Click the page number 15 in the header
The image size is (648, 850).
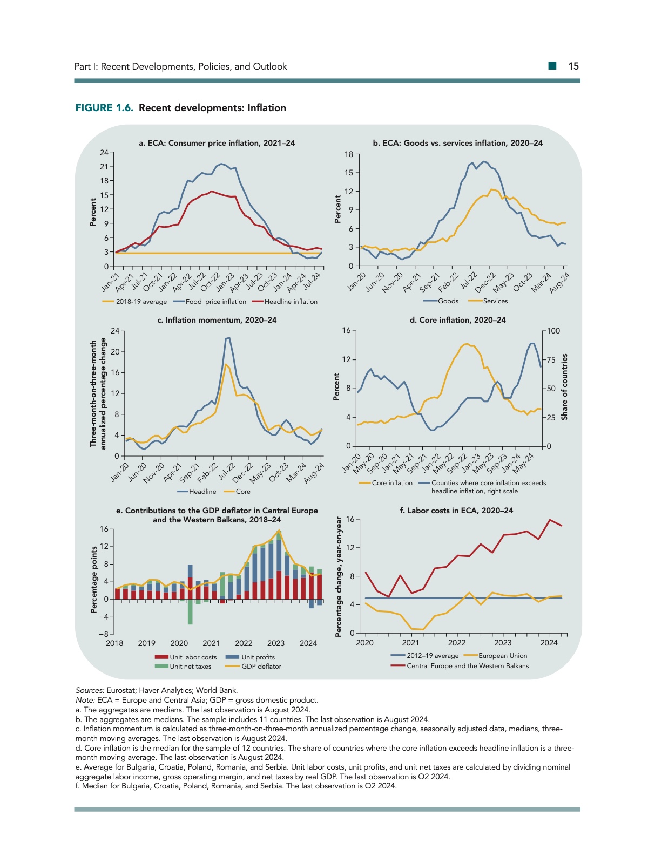coord(573,66)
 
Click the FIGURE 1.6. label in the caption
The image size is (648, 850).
coord(104,108)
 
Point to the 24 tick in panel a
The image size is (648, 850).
coord(104,153)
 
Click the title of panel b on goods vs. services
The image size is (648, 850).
coord(457,143)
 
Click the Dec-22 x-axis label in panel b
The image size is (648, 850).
coord(485,282)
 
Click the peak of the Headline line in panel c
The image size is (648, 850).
coord(229,338)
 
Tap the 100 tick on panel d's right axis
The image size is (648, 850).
coord(553,331)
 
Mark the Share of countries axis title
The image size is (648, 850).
coord(564,387)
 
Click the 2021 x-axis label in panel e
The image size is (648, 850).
coord(211,643)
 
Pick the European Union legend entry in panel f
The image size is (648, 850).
coord(502,656)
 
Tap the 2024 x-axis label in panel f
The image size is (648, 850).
coord(549,643)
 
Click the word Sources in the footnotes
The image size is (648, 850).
coord(89,690)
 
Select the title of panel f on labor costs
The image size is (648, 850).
coord(456,511)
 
